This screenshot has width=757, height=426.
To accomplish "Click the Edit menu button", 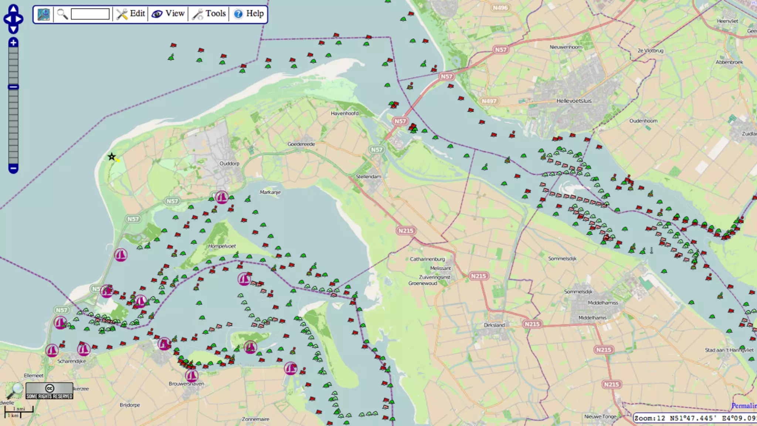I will tap(131, 14).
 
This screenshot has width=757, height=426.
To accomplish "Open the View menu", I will tap(168, 14).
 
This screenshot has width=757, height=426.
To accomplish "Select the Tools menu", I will tap(209, 14).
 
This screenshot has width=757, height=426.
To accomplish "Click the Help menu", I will tap(249, 14).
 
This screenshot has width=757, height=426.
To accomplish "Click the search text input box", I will tap(90, 14).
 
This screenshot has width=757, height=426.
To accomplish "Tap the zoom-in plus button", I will tap(13, 43).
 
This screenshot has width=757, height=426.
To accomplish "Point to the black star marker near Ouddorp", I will tap(111, 157).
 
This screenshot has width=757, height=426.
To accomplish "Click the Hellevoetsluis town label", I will tap(574, 101).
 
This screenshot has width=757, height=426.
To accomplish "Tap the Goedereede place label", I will tap(301, 144).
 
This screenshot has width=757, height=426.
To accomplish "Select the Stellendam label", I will tap(368, 177).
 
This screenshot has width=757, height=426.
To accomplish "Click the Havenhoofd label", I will tap(344, 114).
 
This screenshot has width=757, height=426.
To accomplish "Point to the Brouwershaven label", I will tap(186, 384).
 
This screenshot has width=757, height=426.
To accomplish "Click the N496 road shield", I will tap(500, 8).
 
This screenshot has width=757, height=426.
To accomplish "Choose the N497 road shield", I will tap(489, 101).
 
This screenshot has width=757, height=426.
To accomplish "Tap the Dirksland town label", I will tap(494, 325).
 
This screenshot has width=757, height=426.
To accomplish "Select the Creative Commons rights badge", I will tap(50, 391).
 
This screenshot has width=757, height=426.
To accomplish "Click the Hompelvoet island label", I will tap(222, 246).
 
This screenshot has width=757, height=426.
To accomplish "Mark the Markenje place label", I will tap(270, 192).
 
